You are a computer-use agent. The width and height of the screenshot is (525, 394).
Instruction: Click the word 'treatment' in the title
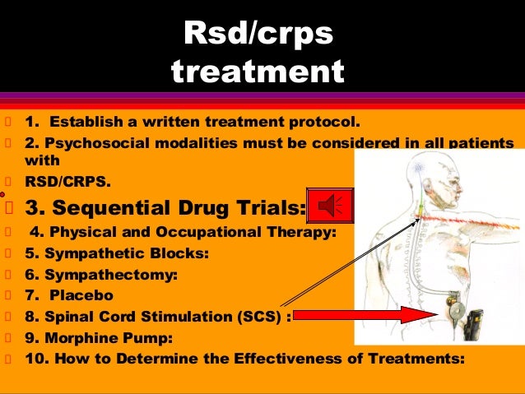click(258, 72)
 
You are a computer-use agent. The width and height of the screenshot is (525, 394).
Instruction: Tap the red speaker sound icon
click(329, 206)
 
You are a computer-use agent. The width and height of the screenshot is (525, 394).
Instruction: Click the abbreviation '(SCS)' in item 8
click(259, 316)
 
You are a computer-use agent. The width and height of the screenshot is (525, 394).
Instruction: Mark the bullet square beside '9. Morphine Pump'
click(8, 338)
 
